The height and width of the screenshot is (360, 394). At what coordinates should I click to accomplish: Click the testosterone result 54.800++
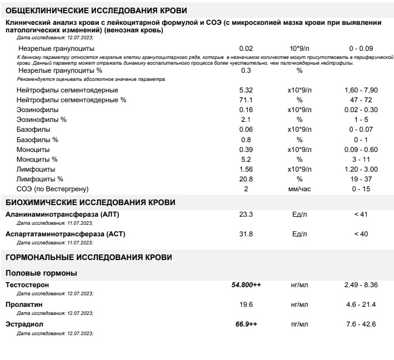click(246, 285)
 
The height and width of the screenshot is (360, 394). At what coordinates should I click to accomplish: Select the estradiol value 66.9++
click(246, 324)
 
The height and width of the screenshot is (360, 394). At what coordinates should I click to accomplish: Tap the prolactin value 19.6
click(246, 305)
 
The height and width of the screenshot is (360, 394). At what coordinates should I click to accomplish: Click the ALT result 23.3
click(246, 214)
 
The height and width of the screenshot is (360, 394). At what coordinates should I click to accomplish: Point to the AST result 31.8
click(246, 234)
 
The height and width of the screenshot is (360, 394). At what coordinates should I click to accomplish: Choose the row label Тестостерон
click(27, 285)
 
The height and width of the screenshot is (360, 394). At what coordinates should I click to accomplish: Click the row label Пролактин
click(24, 305)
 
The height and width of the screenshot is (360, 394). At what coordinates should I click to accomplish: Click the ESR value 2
click(246, 189)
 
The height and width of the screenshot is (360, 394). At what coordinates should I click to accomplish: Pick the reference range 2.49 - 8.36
click(360, 285)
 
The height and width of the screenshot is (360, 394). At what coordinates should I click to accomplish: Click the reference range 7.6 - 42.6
click(360, 324)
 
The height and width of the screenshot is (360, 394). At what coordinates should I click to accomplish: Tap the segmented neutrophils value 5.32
click(246, 90)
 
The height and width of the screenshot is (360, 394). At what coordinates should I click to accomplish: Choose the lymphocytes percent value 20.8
click(246, 179)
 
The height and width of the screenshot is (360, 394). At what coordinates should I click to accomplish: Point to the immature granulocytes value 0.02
click(246, 49)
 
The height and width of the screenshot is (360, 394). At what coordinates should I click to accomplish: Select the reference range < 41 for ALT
click(360, 214)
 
